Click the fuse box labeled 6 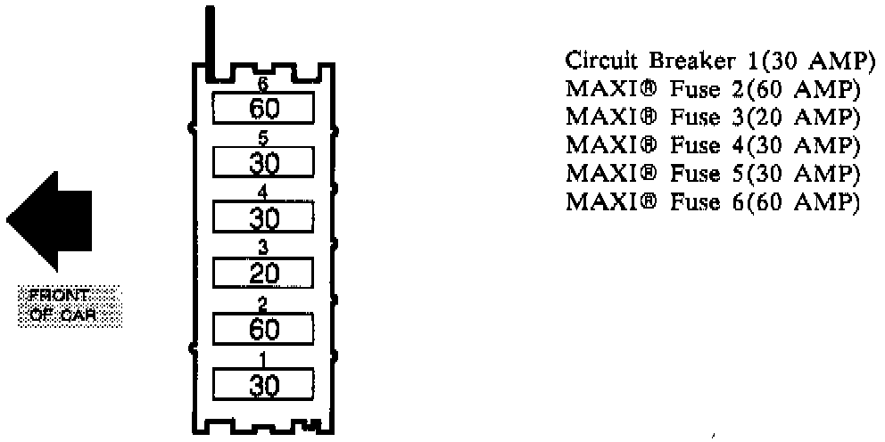264,109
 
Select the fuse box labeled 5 264,163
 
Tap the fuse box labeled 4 264,218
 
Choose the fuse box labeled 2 264,330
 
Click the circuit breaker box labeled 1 264,385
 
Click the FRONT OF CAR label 70,307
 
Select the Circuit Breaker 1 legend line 716,61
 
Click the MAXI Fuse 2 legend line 713,89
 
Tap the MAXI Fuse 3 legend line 713,117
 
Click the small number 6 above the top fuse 263,86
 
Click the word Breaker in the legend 680,61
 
